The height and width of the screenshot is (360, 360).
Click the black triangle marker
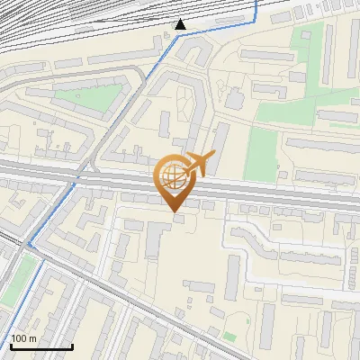[181, 24]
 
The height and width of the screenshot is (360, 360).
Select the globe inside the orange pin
[173, 175]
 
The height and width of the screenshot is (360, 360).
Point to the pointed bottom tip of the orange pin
[173, 211]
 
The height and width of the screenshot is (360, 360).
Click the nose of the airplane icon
[212, 156]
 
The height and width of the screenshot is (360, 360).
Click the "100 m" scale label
[23, 337]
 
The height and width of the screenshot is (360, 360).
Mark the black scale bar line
[41, 346]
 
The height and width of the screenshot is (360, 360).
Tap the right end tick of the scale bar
[72, 345]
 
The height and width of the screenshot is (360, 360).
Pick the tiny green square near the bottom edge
[229, 337]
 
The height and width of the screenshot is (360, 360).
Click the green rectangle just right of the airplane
[262, 152]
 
